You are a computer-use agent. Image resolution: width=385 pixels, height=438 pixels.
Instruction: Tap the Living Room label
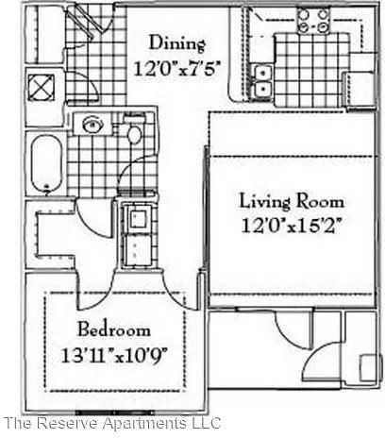coord(291,202)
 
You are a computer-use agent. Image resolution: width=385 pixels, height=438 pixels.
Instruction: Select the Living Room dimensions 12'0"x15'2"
coord(291,226)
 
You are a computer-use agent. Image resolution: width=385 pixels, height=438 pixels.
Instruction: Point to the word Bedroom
coord(114,331)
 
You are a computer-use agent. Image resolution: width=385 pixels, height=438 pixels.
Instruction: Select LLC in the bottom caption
coord(205,422)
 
